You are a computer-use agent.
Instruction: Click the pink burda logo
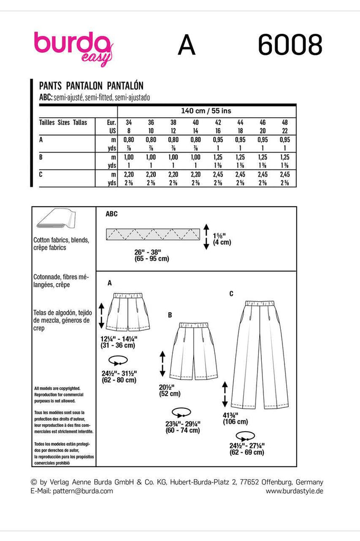pyautogui.click(x=72, y=46)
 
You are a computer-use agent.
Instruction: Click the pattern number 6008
pyautogui.click(x=290, y=46)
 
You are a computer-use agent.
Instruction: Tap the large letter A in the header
pyautogui.click(x=186, y=46)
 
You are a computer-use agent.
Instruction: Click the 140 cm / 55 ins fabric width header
pyautogui.click(x=206, y=111)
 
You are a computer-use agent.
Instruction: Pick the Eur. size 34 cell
pyautogui.click(x=127, y=122)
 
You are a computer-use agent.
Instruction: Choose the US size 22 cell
pyautogui.click(x=285, y=129)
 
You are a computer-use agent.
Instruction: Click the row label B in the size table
pyautogui.click(x=42, y=157)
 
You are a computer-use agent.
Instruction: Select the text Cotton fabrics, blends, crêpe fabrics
pyautogui.click(x=61, y=244)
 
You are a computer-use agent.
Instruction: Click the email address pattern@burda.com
pyautogui.click(x=71, y=491)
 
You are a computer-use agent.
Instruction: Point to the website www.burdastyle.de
pyautogui.click(x=294, y=491)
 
